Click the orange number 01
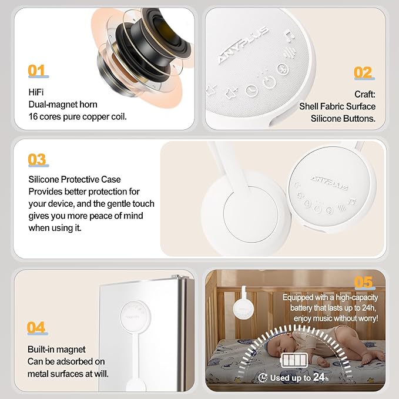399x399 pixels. point(37,71)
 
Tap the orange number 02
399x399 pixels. point(363,73)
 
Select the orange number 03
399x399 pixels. point(38,159)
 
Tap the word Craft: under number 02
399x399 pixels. point(364,94)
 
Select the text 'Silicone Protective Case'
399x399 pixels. point(75,179)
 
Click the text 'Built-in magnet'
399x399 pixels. point(56,348)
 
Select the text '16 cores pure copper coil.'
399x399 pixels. point(78,116)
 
